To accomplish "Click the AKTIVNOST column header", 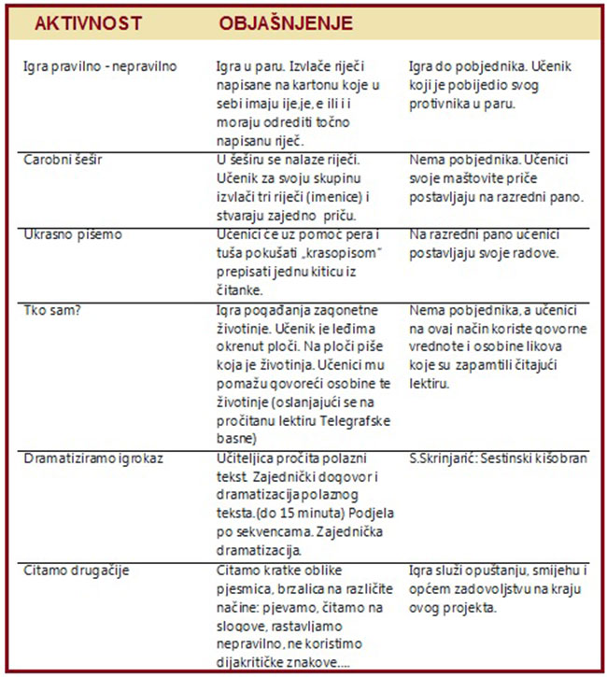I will pos(76,22).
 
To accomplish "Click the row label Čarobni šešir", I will pos(64,160).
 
